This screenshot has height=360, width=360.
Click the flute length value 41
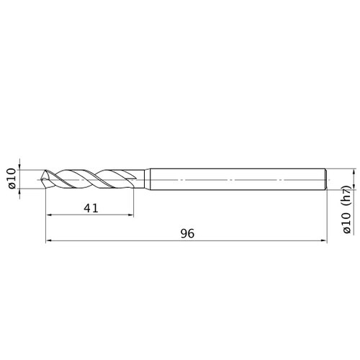pos(91,208)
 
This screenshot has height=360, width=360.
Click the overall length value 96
pos(187,233)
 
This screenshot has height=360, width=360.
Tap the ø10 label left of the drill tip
pos(12,179)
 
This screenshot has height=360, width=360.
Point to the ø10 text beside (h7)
pos(347,223)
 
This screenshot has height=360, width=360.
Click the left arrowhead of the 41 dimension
pos(49,215)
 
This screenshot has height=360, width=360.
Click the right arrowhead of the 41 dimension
pos(131,215)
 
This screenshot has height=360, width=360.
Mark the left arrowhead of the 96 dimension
pos(49,240)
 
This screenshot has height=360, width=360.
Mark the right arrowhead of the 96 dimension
pos(324,240)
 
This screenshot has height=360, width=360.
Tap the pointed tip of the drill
pos(41,179)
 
